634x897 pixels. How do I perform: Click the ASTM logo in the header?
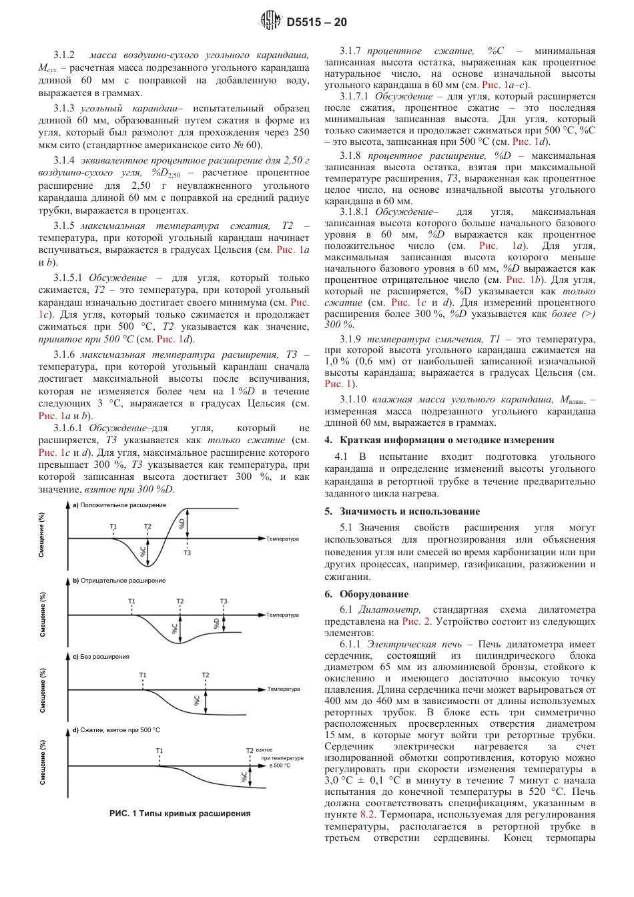point(270,21)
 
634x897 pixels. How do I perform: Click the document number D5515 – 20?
point(316,22)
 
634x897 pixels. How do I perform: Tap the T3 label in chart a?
point(187,553)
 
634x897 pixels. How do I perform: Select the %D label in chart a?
point(182,524)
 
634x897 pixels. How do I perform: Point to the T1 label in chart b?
point(131,601)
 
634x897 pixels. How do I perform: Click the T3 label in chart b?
point(224,601)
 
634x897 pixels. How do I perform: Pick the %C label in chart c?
point(197,700)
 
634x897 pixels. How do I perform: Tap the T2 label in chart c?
point(205,675)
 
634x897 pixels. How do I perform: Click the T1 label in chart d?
point(160,751)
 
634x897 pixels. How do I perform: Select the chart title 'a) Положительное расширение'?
point(119,505)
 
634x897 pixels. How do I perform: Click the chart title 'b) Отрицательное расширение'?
point(119,581)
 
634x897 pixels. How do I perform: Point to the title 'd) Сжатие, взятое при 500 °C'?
point(116,730)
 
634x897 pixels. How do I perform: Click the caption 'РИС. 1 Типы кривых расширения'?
point(180,814)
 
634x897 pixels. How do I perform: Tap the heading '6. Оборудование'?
point(366,594)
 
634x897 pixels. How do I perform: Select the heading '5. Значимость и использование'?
point(402,511)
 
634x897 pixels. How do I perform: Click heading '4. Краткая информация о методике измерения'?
point(439,440)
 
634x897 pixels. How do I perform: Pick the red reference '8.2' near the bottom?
point(368,814)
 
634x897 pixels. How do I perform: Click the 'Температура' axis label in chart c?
point(284,689)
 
